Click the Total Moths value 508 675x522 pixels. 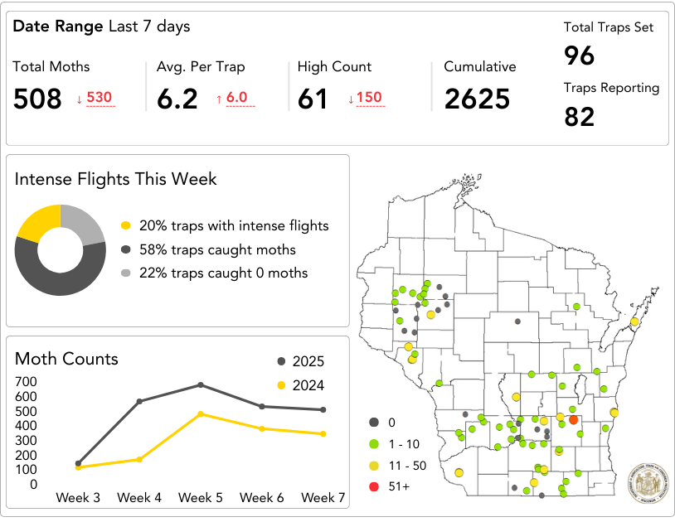click(37, 99)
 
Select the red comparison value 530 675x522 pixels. click(99, 98)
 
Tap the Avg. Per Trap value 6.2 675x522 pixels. click(177, 99)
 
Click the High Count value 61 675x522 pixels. click(313, 99)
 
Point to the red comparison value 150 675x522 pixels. click(369, 98)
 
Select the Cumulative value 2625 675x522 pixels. click(477, 99)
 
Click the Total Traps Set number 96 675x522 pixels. click(580, 56)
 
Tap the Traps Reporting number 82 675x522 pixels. click(580, 117)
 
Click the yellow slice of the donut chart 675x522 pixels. click(38, 222)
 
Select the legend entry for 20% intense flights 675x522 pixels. click(224, 225)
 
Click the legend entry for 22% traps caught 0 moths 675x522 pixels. click(224, 273)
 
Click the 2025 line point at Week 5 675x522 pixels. click(201, 384)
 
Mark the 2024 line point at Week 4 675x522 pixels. click(139, 459)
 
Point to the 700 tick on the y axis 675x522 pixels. click(26, 382)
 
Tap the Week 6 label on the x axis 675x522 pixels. click(262, 498)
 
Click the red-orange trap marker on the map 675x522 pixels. click(573, 420)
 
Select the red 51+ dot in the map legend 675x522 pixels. click(374, 486)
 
